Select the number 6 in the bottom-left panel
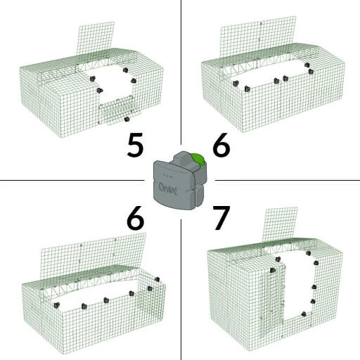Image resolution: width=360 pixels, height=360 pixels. pos(136,219)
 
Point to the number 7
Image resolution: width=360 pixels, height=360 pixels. pos(221,219)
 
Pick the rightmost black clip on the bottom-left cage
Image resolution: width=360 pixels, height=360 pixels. pos(150,288)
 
